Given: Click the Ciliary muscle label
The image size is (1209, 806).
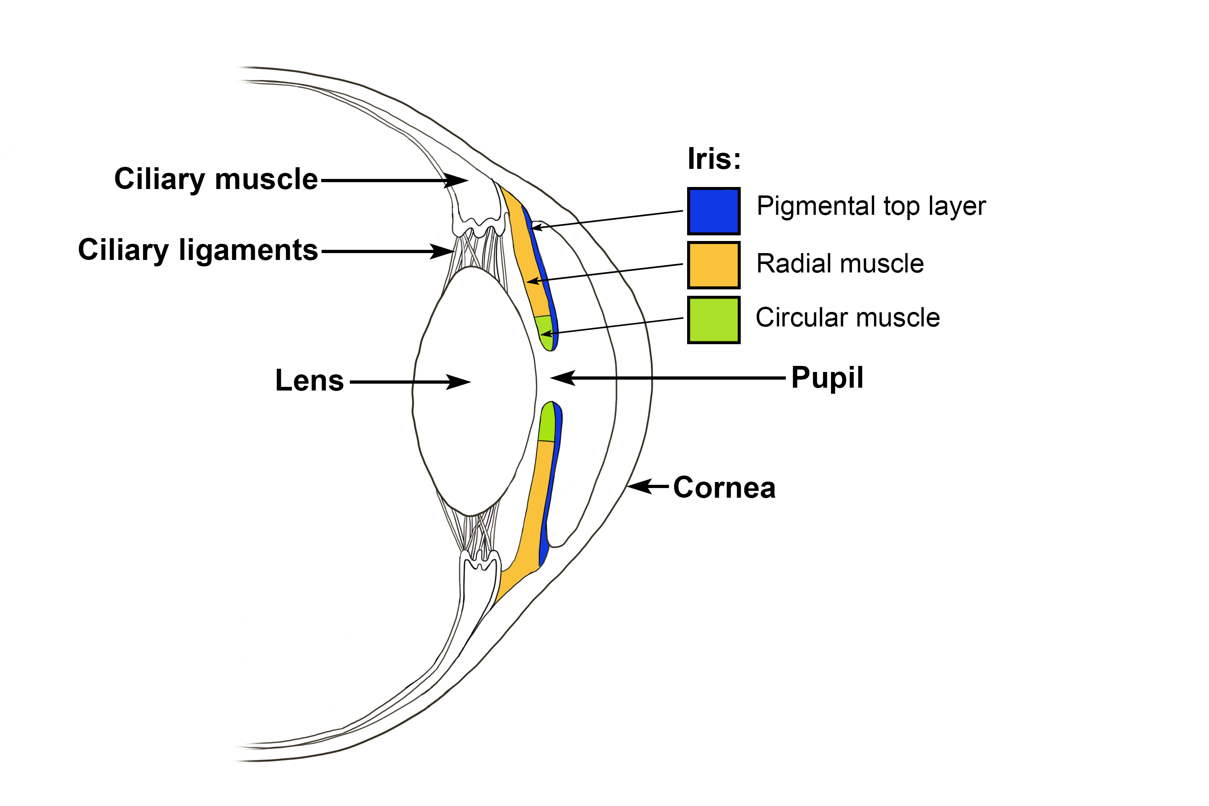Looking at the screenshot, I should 216,179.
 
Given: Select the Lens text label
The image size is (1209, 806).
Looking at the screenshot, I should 310,381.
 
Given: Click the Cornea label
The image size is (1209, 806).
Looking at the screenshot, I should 724,487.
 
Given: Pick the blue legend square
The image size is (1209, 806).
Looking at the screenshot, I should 713,211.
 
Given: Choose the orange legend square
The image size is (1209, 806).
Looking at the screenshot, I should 713,265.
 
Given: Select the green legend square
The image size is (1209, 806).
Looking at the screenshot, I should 713,320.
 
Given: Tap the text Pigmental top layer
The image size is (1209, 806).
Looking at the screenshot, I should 871,206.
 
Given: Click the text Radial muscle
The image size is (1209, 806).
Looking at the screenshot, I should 840,264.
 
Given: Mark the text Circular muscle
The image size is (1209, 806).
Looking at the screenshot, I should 848,317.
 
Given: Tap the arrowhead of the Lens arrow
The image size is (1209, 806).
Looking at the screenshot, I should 460,382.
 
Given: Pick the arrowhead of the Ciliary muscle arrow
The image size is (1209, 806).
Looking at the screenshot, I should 457,181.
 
